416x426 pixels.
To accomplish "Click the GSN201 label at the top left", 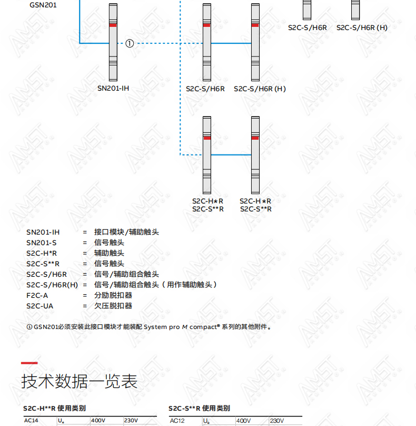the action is pyautogui.click(x=43, y=5).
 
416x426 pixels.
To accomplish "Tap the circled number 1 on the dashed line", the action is pyautogui.click(x=130, y=43).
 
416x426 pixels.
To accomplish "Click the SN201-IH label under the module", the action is pyautogui.click(x=113, y=88).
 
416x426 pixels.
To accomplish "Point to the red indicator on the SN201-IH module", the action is pyautogui.click(x=113, y=25).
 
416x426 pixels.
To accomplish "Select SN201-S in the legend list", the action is pyautogui.click(x=42, y=243).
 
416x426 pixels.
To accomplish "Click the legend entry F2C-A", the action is pyautogui.click(x=37, y=295).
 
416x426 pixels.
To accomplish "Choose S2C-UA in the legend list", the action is pyautogui.click(x=40, y=306).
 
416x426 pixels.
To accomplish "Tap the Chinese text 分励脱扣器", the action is pyautogui.click(x=113, y=295).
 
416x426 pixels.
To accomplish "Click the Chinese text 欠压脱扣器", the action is pyautogui.click(x=113, y=306).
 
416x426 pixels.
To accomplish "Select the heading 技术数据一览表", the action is pyautogui.click(x=79, y=381).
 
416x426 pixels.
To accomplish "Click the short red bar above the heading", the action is pyautogui.click(x=29, y=363).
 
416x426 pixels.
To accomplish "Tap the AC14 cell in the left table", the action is pyautogui.click(x=31, y=420).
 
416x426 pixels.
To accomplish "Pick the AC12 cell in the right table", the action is pyautogui.click(x=177, y=421).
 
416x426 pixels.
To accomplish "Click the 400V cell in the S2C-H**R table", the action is pyautogui.click(x=98, y=420).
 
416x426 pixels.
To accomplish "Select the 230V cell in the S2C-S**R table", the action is pyautogui.click(x=277, y=421).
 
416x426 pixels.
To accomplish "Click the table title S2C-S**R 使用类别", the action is pyautogui.click(x=199, y=409).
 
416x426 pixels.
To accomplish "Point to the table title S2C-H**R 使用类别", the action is pyautogui.click(x=54, y=408).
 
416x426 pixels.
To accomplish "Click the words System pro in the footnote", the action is pyautogui.click(x=162, y=327).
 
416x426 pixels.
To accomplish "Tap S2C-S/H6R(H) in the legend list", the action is pyautogui.click(x=52, y=285).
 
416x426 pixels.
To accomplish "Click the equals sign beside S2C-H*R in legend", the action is pyautogui.click(x=85, y=253).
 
